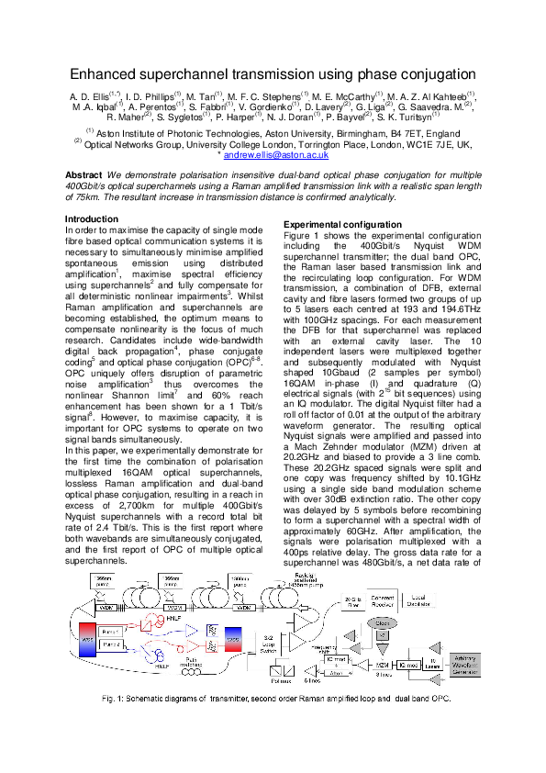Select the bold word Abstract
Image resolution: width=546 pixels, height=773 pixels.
click(84, 174)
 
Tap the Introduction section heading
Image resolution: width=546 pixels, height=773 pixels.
click(92, 218)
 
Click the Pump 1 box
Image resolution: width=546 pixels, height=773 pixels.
click(113, 632)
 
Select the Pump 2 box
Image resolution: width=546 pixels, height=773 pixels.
click(113, 646)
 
